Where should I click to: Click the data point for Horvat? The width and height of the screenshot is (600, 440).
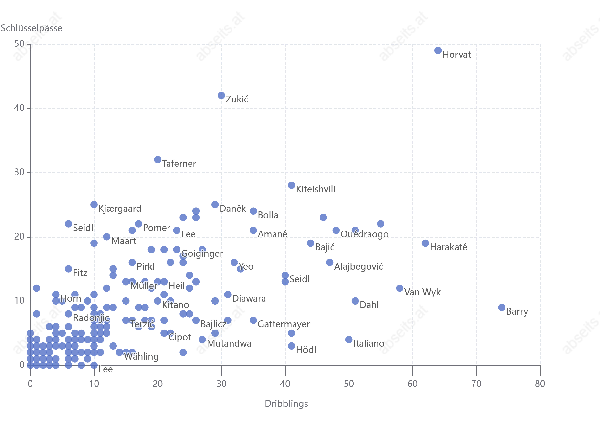coord(438,50)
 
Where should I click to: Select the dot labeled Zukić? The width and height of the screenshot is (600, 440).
coord(221,95)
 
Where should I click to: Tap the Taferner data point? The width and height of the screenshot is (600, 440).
coord(157,160)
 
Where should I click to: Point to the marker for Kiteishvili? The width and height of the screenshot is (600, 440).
coord(291,185)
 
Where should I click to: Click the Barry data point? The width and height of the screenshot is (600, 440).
coord(502,308)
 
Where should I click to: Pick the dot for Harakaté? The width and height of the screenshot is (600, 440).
coord(425,243)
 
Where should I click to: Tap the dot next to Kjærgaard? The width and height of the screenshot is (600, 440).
coord(94,205)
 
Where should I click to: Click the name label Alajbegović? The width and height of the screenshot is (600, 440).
coord(359,266)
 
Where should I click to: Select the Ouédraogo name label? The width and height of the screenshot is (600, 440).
coord(365,234)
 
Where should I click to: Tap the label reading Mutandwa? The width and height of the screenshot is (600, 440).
coord(229,344)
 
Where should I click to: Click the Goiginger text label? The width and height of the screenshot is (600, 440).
coord(202,253)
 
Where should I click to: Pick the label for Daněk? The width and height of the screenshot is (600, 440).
coord(233,209)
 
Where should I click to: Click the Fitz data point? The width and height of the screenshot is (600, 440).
coord(68,269)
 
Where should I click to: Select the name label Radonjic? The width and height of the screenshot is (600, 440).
coord(91,318)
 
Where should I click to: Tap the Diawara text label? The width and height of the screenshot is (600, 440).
coord(249,298)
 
